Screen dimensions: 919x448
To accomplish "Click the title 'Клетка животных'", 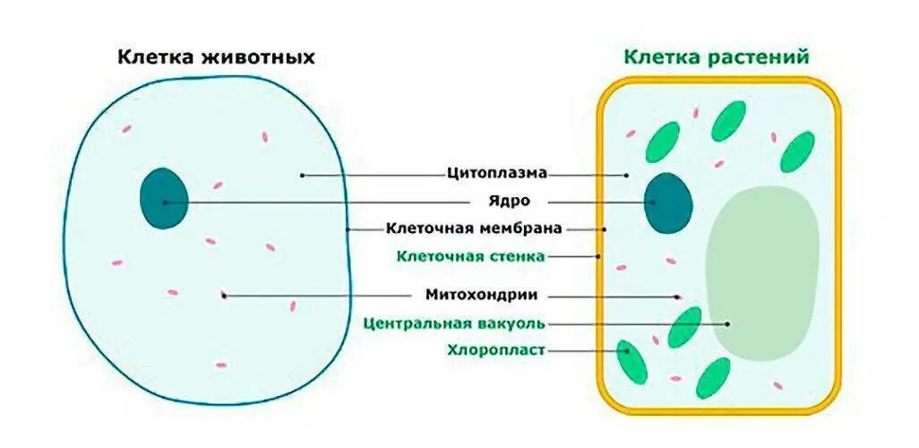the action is [216, 58].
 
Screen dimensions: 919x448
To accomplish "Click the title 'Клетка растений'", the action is [717, 57].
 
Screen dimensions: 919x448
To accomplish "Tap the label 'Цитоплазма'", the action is [496, 173].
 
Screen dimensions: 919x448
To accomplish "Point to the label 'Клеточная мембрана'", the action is [474, 228].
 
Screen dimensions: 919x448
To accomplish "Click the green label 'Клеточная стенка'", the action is [470, 256].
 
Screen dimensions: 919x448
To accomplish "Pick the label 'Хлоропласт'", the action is [495, 350].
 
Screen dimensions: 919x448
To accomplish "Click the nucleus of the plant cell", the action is [667, 203].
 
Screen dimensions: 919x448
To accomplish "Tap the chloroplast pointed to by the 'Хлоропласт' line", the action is [631, 360].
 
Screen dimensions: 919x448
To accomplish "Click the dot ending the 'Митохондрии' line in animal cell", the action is [224, 295].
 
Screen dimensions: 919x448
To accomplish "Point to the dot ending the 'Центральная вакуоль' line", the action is [727, 323].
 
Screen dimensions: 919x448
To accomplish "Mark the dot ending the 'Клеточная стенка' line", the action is [598, 256].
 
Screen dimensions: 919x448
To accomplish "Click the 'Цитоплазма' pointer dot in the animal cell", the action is [302, 175].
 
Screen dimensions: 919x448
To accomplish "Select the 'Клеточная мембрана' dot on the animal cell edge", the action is [348, 229].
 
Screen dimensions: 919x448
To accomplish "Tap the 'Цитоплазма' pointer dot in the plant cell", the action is [626, 175].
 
